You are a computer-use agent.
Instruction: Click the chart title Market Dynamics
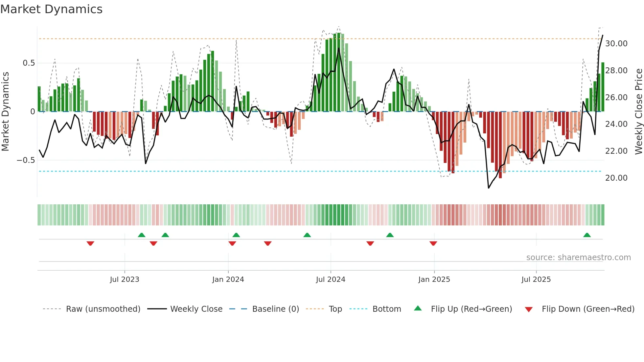[x=51, y=9]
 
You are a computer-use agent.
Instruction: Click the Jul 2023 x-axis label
[x=125, y=279]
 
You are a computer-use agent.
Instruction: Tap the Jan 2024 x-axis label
[x=228, y=279]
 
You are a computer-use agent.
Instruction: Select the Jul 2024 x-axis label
[x=331, y=279]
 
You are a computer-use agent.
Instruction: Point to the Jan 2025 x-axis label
[x=434, y=279]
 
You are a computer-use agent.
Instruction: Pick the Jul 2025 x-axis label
[x=536, y=279]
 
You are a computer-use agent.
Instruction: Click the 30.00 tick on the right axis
[x=616, y=43]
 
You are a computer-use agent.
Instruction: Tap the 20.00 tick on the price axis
[x=616, y=178]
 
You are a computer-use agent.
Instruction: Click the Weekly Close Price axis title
[x=638, y=111]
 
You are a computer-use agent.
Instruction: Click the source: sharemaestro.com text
[x=578, y=257]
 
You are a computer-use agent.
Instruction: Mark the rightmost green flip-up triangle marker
[x=587, y=235]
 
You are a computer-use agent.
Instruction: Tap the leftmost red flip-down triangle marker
[x=90, y=243]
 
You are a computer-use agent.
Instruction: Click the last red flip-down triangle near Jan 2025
[x=433, y=243]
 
